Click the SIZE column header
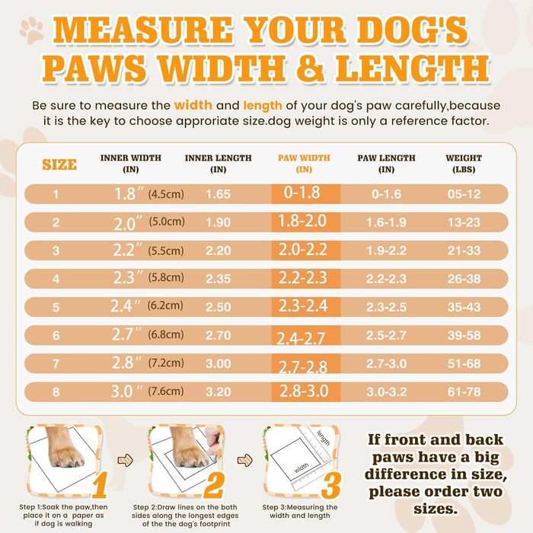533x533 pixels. pos(59,164)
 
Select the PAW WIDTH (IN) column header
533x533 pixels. pos(303,163)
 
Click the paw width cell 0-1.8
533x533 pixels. pos(302,193)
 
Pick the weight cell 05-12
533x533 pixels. pos(463,194)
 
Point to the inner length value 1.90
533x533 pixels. pos(218,222)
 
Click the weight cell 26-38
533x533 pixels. pos(463,279)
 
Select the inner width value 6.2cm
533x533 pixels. pos(166,306)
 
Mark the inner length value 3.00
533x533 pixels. pos(218,364)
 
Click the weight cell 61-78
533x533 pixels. pos(463,393)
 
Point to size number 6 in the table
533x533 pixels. pos(56,335)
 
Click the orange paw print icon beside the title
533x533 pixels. pos(31,30)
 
